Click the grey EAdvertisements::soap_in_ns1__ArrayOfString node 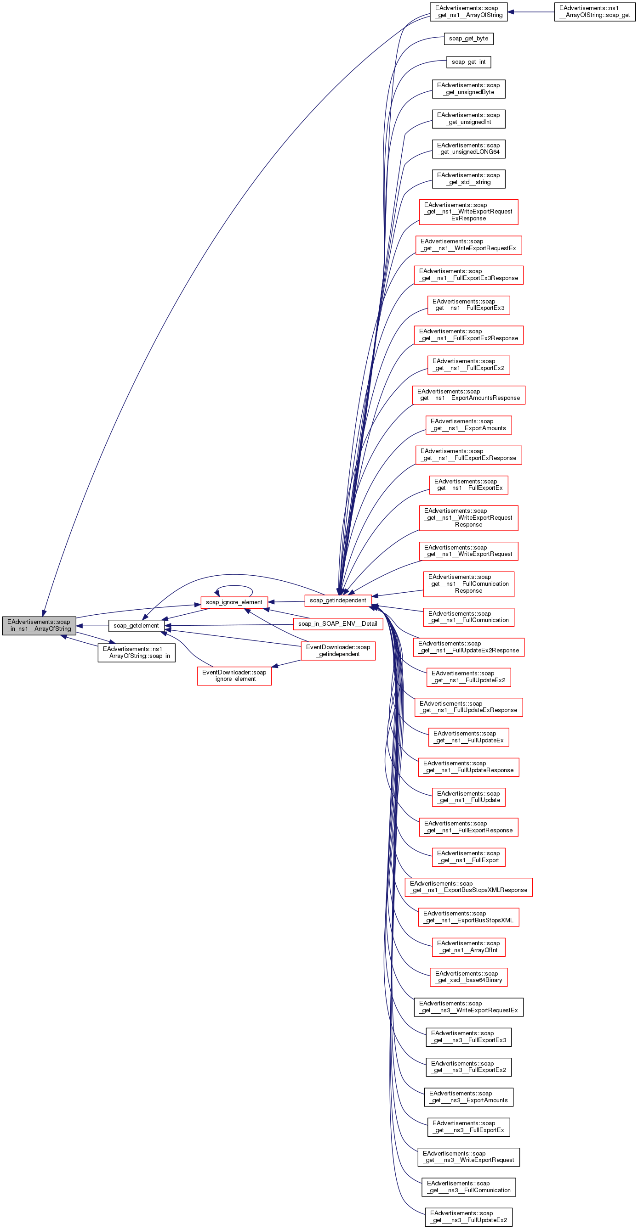(x=39, y=625)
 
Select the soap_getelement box (x=136, y=625)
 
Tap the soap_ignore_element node (x=234, y=602)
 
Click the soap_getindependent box (x=338, y=600)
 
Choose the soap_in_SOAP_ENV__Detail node (x=338, y=623)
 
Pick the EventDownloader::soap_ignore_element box (x=234, y=676)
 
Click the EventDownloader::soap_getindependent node (x=338, y=651)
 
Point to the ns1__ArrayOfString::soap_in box (x=136, y=653)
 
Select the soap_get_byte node (x=468, y=39)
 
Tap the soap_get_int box (x=468, y=62)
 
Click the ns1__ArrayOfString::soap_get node (x=594, y=12)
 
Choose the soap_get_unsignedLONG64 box (x=468, y=149)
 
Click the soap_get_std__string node (x=468, y=179)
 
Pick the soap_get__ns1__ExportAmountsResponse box (x=468, y=395)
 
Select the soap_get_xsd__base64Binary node (x=468, y=976)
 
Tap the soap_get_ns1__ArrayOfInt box (x=468, y=947)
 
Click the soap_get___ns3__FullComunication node (x=468, y=1187)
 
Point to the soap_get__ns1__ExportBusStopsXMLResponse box (x=468, y=887)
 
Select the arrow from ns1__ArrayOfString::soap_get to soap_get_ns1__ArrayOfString (x=530, y=12)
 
